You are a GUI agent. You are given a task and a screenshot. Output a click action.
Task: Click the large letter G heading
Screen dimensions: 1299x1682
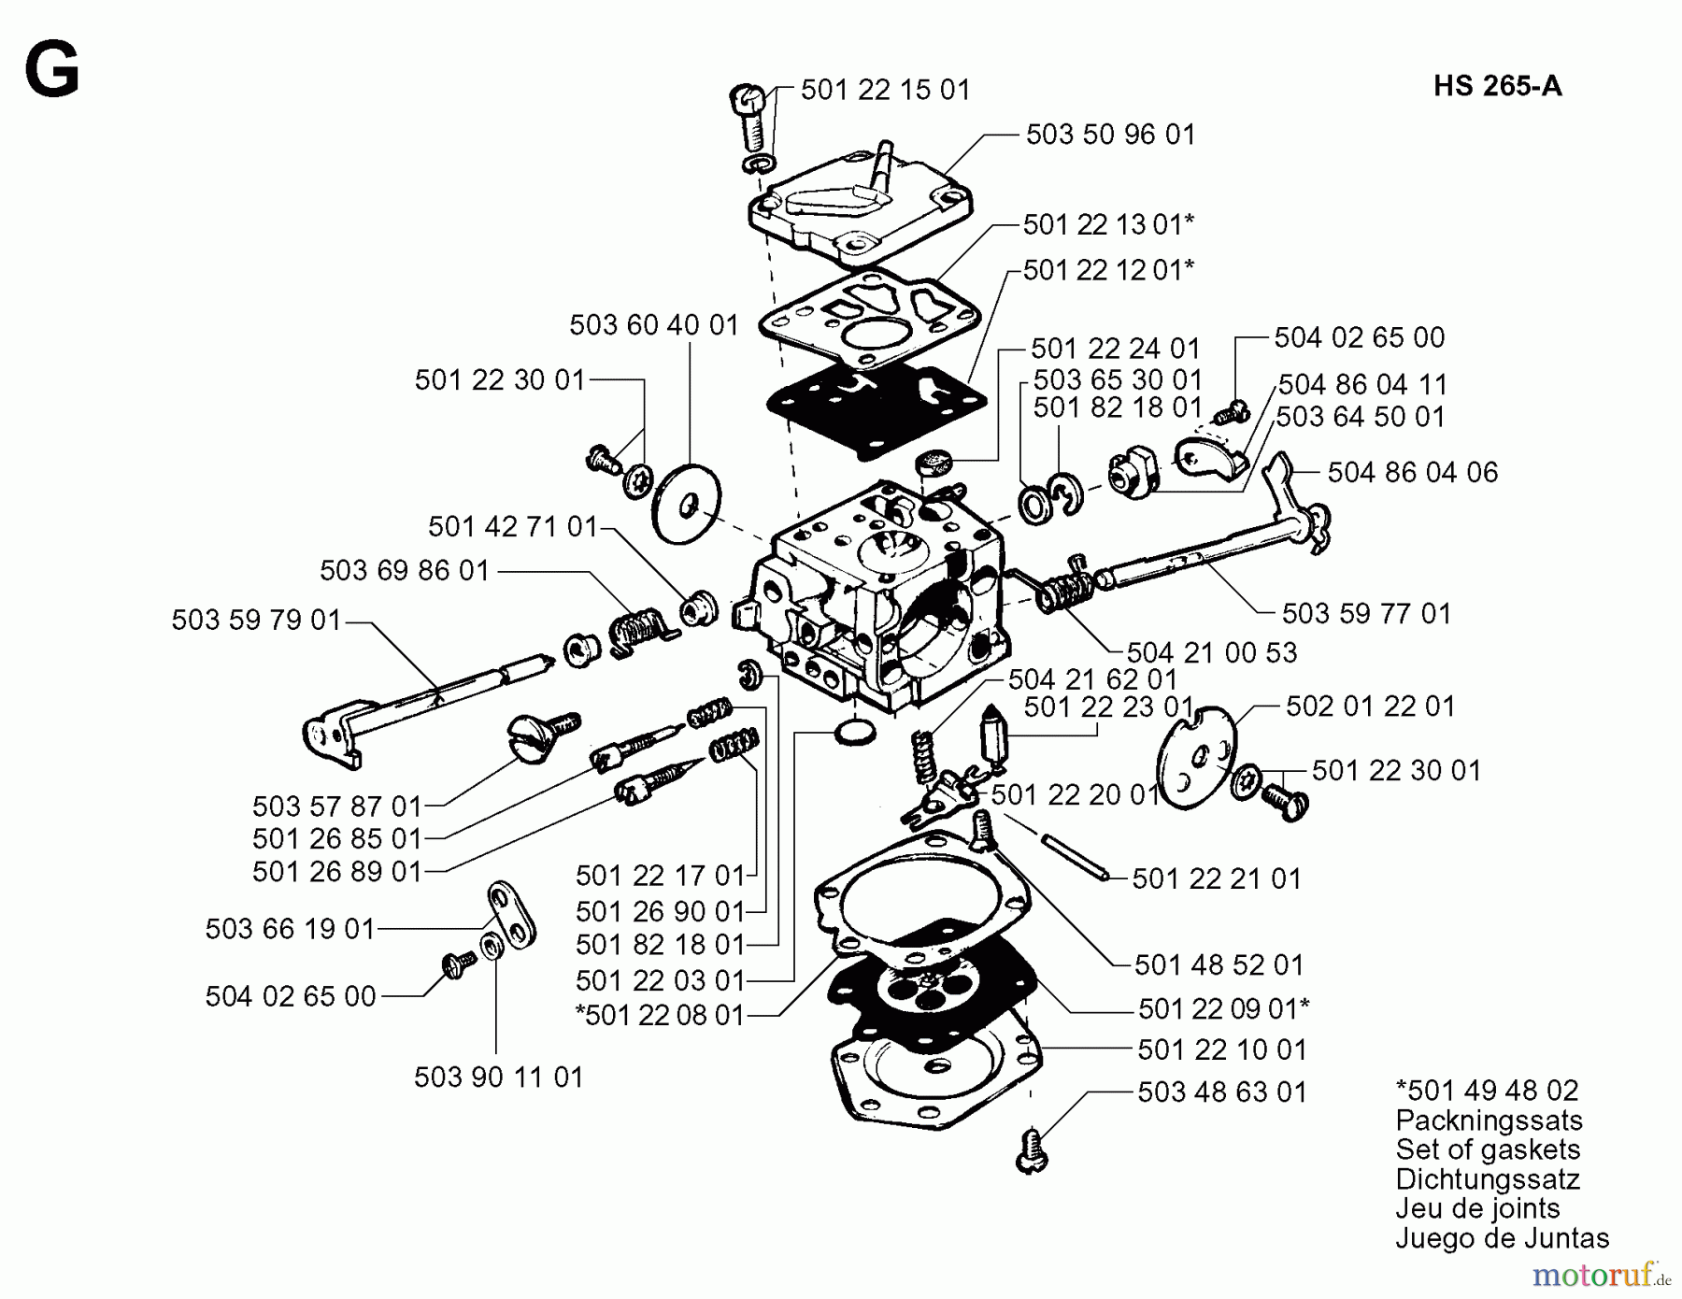tap(51, 72)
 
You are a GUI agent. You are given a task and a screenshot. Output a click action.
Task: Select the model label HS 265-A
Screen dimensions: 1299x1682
tap(1497, 86)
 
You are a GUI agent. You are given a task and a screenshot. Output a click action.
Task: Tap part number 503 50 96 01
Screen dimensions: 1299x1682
tap(1110, 135)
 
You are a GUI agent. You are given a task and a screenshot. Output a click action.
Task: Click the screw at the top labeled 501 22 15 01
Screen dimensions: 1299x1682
tap(749, 117)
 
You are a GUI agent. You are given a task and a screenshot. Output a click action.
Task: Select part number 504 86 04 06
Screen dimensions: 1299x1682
tap(1412, 472)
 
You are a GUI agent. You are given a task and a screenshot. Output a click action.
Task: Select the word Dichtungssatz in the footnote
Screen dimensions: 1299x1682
tap(1487, 1178)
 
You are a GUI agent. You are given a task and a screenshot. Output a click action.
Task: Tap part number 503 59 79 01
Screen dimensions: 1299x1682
tap(256, 621)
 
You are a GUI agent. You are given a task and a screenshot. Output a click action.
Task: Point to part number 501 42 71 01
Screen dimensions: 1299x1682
tap(512, 527)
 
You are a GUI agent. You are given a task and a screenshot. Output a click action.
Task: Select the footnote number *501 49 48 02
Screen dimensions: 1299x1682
tap(1486, 1091)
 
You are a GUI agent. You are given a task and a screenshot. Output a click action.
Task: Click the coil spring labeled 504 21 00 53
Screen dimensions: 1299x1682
tap(1065, 592)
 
